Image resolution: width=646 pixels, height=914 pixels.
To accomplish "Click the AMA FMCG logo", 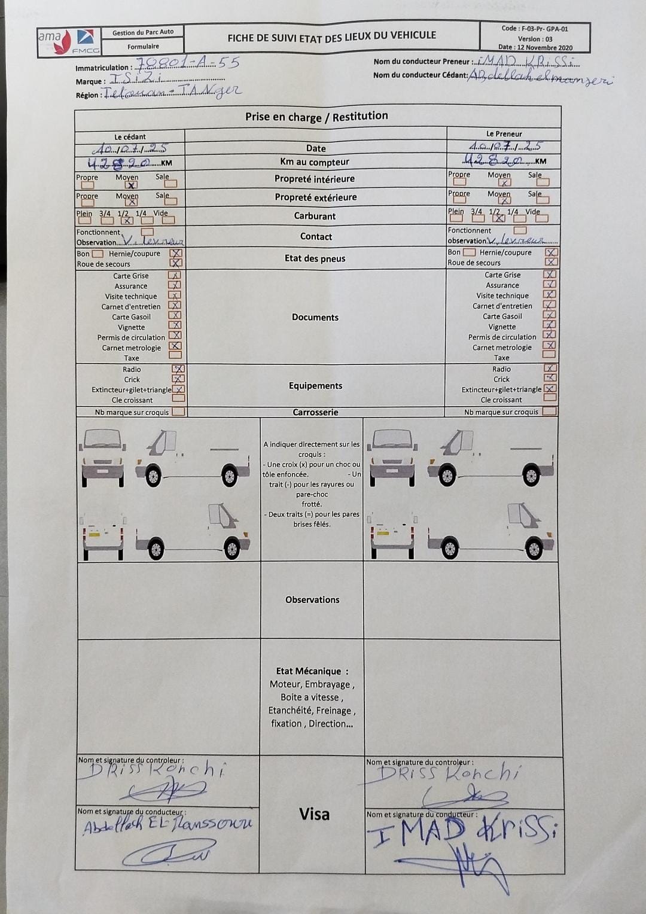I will click(x=68, y=42).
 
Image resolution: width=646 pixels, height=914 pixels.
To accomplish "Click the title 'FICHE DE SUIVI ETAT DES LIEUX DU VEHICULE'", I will click(x=331, y=37).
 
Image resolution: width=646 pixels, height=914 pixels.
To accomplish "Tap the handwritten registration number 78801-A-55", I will click(x=188, y=63).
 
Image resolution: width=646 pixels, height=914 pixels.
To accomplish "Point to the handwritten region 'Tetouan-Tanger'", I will click(x=172, y=92).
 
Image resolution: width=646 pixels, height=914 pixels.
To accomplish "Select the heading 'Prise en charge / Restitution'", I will click(x=316, y=117).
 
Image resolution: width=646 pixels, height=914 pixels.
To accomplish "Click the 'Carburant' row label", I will click(x=315, y=216).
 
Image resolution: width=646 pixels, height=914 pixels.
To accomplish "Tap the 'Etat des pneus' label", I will click(x=315, y=258).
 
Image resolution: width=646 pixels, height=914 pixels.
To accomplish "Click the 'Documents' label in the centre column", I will click(x=315, y=317).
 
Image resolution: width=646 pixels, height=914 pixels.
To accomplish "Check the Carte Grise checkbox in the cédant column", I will click(x=175, y=276).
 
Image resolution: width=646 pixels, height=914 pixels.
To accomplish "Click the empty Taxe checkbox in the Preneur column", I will click(x=549, y=356).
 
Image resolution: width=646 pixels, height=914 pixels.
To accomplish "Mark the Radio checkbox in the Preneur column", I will click(x=550, y=368).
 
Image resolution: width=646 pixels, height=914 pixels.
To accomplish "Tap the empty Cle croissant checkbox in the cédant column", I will click(x=178, y=399).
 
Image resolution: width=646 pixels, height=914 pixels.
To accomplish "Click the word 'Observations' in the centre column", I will click(x=312, y=600).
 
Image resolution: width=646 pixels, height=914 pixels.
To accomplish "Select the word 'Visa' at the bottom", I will click(x=314, y=814).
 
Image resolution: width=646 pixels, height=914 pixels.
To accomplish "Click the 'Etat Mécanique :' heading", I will click(x=312, y=671).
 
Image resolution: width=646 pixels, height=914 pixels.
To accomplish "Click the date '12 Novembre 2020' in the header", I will click(x=544, y=48).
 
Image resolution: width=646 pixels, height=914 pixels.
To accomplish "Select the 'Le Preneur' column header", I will click(x=504, y=134).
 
